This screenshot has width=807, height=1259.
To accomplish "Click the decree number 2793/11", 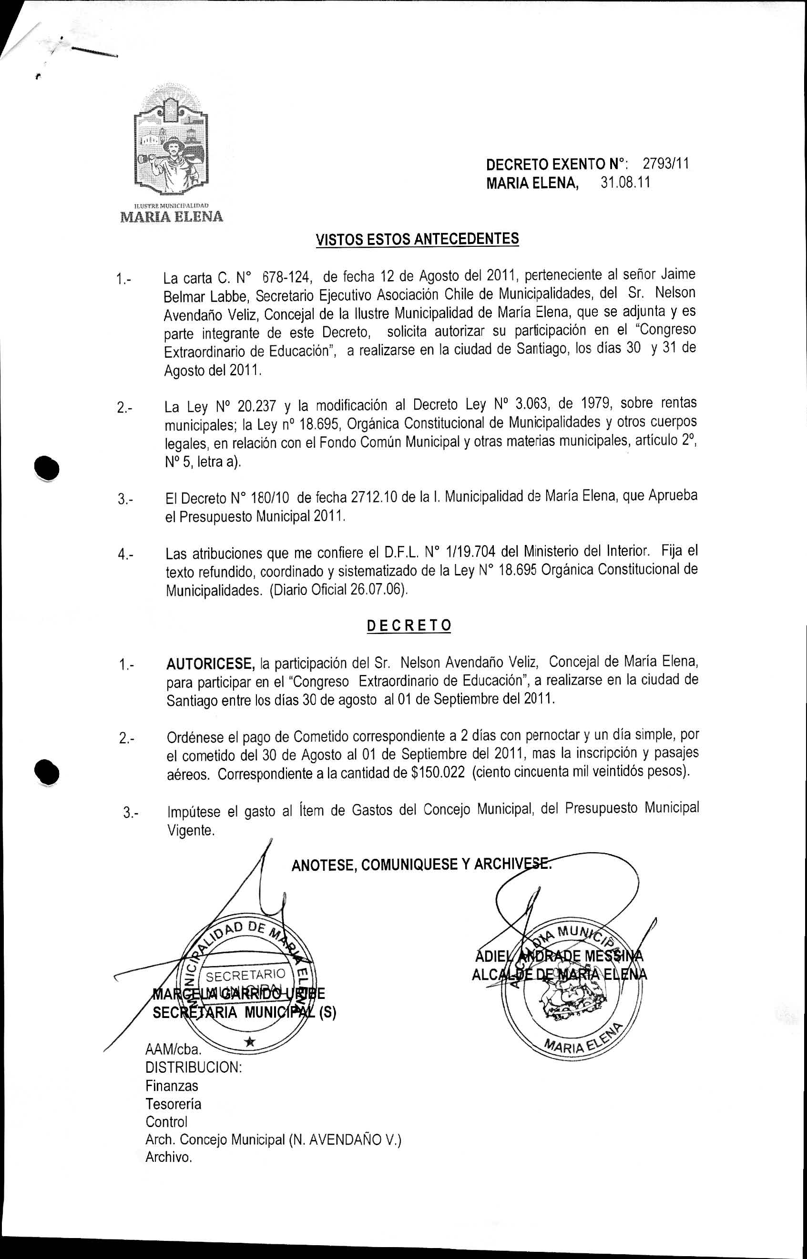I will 665,164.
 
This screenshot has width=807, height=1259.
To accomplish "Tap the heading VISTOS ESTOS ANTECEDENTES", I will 417,239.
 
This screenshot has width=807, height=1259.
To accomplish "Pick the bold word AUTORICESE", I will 210,664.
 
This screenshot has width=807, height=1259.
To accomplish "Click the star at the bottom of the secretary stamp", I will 250,1043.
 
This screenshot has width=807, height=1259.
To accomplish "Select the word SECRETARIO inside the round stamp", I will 245,975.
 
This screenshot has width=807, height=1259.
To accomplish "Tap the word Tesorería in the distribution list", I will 174,1103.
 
